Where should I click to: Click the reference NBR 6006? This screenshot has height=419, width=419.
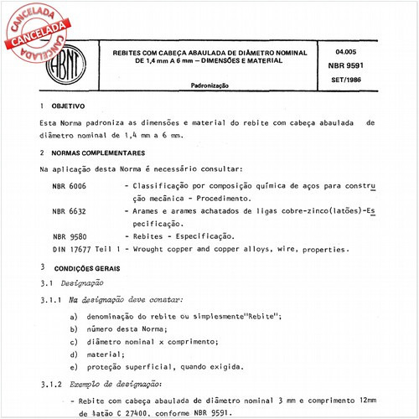pos(69,184)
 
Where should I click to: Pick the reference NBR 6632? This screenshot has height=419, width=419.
pos(69,213)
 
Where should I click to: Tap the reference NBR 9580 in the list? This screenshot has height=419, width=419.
pos(69,238)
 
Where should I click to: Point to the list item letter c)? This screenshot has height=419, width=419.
pos(75,342)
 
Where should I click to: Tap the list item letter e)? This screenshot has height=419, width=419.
pos(75,368)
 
